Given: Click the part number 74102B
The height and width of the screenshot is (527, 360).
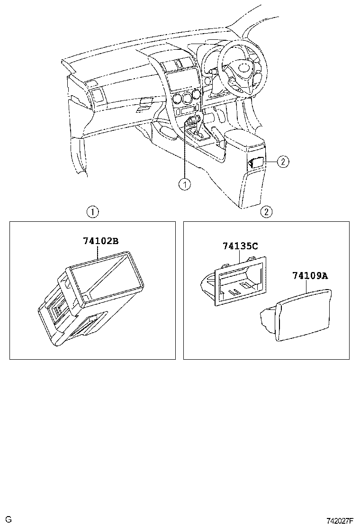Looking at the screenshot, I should pos(100,241).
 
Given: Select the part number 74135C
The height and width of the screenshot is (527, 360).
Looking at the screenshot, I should pos(240,246).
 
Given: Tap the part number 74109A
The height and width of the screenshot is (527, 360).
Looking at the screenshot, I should pos(310,275).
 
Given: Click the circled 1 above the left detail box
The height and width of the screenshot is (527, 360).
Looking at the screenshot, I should pos(93,212).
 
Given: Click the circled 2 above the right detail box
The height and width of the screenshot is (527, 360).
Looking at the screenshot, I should pos(267,212).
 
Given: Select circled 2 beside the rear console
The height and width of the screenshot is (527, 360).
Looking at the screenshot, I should pos(282,162).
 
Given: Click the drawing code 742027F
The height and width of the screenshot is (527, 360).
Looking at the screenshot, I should pos(340,520).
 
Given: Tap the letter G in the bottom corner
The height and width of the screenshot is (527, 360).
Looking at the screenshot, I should pos(8,520).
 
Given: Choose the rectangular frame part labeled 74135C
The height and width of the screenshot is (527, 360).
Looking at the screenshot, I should pos(240,282).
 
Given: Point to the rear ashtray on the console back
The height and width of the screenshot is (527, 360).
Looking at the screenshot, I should pos(256,163).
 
